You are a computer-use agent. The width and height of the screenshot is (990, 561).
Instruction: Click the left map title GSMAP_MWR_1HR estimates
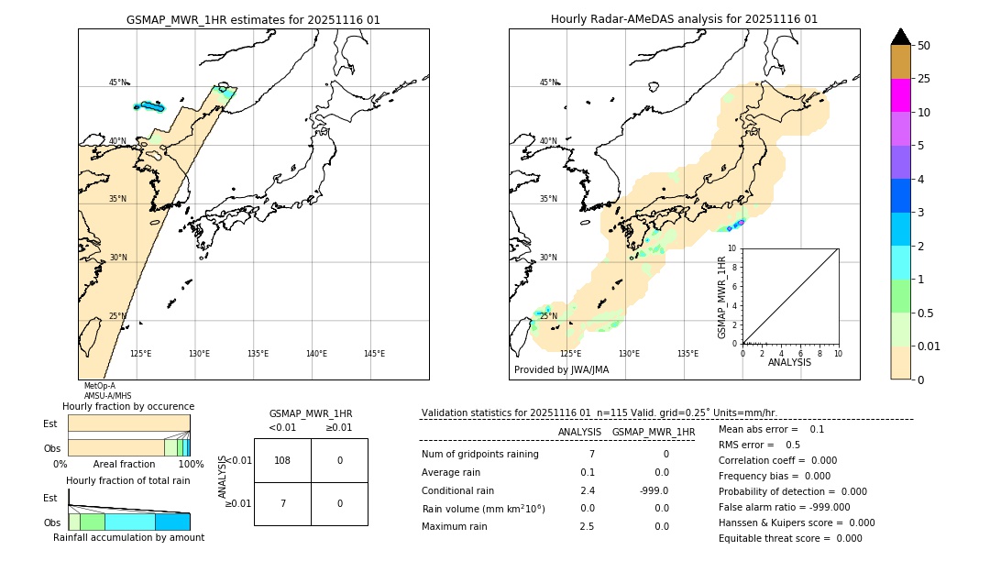tap(253, 19)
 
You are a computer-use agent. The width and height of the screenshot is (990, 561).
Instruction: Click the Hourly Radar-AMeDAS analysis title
tap(684, 19)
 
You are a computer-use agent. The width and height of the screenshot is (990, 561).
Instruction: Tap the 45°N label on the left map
tap(118, 82)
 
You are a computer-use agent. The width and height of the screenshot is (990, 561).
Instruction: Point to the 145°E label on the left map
tap(374, 354)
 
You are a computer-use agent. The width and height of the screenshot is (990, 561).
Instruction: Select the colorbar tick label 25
tap(924, 79)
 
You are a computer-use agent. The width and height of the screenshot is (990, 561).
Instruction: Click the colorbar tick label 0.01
tap(929, 346)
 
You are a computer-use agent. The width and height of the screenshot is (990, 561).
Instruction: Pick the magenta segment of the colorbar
tap(900, 95)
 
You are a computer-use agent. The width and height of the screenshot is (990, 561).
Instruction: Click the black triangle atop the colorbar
tap(900, 37)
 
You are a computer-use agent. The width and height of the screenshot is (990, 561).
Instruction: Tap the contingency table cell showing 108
tap(282, 460)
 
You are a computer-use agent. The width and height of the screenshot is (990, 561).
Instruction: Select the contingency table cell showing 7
tap(282, 503)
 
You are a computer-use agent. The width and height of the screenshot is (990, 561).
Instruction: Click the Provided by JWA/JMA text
tap(561, 370)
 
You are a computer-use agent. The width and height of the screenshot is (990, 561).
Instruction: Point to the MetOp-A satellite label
tap(99, 386)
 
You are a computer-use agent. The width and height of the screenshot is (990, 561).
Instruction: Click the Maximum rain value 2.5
tap(587, 526)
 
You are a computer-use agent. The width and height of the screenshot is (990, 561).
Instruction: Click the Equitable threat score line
tap(790, 538)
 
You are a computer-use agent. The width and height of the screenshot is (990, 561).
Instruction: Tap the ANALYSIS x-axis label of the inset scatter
tap(789, 362)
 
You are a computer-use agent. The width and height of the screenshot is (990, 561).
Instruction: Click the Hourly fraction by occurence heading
tap(128, 406)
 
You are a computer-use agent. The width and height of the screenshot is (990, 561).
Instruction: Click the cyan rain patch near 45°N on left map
tap(148, 107)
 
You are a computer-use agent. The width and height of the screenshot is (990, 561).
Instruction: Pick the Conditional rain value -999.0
tap(654, 490)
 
